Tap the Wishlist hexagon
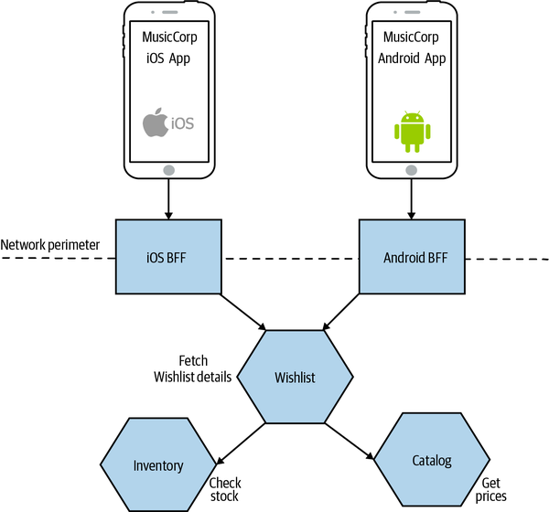point(295,377)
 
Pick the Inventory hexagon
point(157,465)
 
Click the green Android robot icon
point(411,130)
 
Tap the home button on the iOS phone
point(168,170)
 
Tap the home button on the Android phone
point(411,170)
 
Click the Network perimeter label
point(49,245)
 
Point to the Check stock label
point(224,489)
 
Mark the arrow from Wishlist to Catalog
point(343,442)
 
